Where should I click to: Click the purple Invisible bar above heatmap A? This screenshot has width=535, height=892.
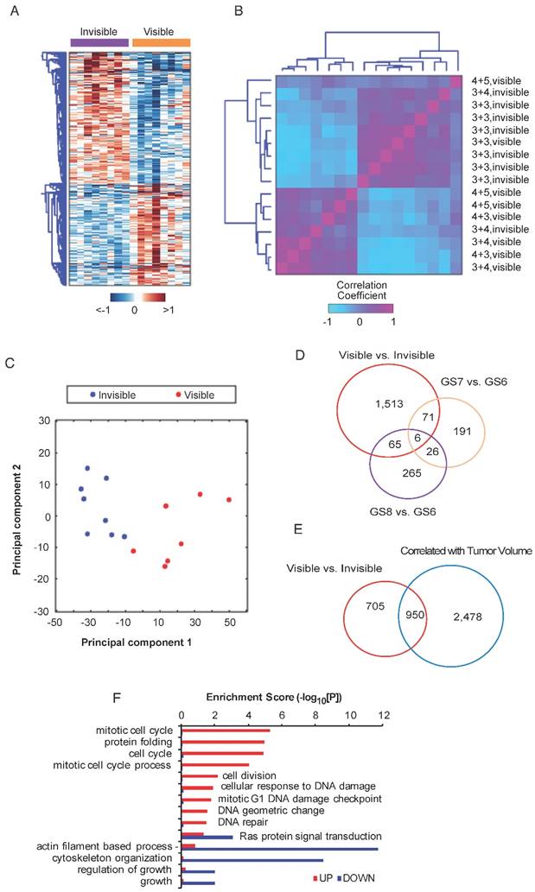tap(98, 41)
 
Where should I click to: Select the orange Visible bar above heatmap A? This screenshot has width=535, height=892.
tap(161, 41)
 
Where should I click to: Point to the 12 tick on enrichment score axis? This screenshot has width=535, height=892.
tap(384, 716)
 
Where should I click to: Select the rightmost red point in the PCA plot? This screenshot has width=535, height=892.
tap(229, 500)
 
